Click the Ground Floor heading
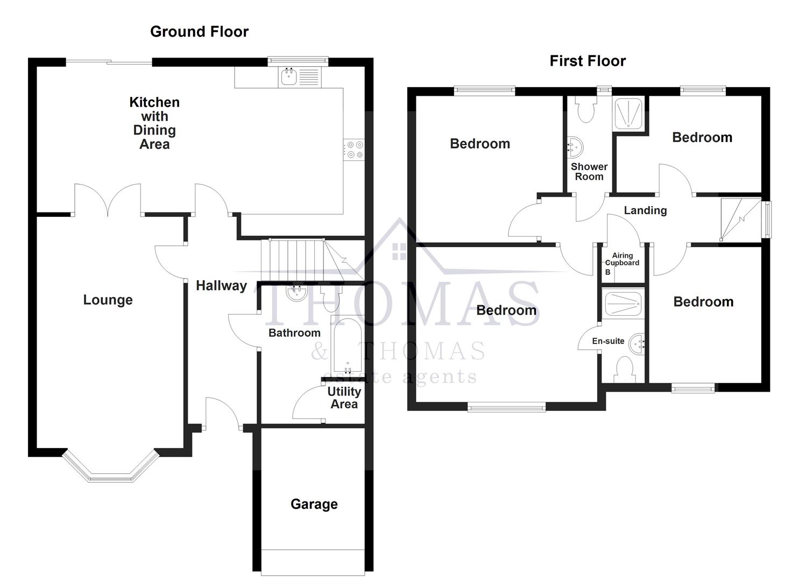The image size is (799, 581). coord(199,32)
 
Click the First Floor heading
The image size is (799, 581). coord(588,61)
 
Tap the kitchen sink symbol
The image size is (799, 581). coord(289,77)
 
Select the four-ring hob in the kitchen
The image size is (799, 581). coord(354,149)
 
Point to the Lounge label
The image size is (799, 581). coord(108,300)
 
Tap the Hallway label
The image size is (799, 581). coord(221,286)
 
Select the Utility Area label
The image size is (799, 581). coord(344,398)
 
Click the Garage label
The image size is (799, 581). coord(314,504)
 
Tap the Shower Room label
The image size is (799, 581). coord(589,172)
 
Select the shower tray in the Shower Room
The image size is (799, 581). coord(628,114)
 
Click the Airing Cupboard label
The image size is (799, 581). coord(622,259)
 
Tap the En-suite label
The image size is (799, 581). coord(608,341)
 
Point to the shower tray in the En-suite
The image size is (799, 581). coord(623,304)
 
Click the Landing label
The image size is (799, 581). coord(645,210)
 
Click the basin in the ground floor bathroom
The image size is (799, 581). coord(296,293)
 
